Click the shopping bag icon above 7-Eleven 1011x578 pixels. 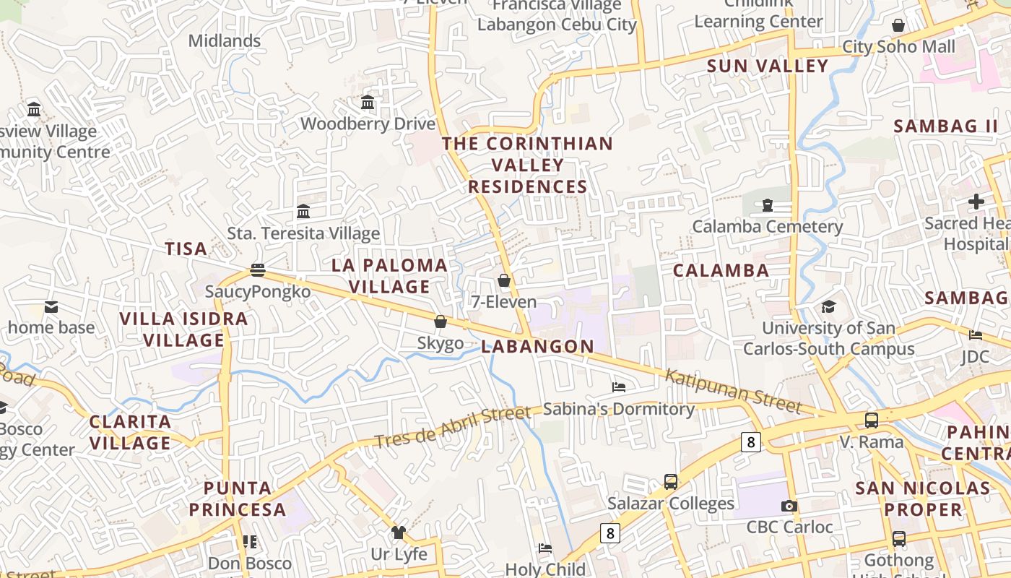(x=504, y=280)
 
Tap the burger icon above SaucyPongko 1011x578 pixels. (x=258, y=270)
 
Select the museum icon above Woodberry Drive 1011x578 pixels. (x=368, y=103)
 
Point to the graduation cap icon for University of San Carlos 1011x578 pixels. (x=828, y=307)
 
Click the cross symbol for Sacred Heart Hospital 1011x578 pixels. (x=976, y=202)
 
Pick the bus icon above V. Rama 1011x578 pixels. (x=872, y=420)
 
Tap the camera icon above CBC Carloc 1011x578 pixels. (x=789, y=506)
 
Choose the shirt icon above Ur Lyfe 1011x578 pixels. (x=399, y=532)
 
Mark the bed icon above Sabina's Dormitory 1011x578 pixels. (x=619, y=387)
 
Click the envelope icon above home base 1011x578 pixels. (x=51, y=307)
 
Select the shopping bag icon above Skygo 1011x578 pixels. (x=441, y=322)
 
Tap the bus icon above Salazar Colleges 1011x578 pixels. (x=671, y=482)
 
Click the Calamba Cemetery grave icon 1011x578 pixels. (x=766, y=205)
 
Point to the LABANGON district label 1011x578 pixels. (x=538, y=347)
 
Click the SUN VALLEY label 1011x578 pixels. (x=768, y=66)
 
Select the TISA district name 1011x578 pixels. (x=186, y=249)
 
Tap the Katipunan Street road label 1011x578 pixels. (x=733, y=390)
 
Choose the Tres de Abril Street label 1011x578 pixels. (x=453, y=428)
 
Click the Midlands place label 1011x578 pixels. (x=225, y=41)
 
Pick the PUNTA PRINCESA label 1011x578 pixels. (x=238, y=499)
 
